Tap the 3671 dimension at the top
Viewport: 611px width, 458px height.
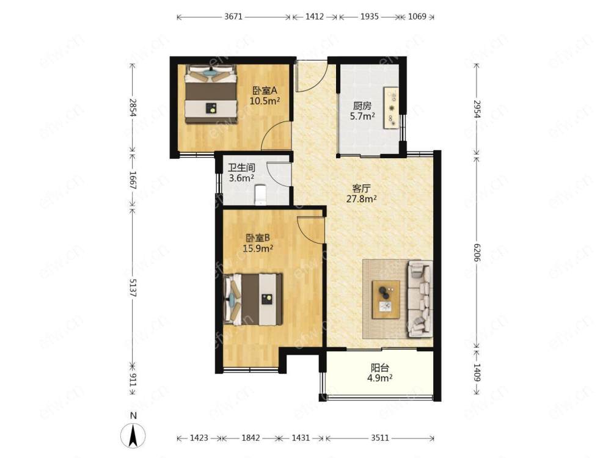pos(233,16)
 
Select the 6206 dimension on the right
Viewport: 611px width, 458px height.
pos(477,252)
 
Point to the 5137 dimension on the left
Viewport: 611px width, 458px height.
pos(133,288)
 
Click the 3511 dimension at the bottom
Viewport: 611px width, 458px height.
pos(379,438)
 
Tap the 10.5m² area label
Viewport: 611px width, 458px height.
pos(265,101)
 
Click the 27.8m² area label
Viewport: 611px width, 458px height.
pos(362,199)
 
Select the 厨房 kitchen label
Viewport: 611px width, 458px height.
pos(362,106)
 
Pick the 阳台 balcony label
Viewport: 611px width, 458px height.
pos(380,368)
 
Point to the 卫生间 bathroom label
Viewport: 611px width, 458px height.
pos(241,168)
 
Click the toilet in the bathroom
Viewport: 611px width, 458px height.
pos(260,195)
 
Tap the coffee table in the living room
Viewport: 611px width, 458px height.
pos(386,299)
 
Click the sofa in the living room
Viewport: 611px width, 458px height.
pos(420,299)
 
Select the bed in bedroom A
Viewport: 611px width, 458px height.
pos(211,94)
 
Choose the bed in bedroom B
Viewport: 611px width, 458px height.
pos(253,299)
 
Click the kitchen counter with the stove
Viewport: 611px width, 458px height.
pos(391,108)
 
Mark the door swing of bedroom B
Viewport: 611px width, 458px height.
pos(310,230)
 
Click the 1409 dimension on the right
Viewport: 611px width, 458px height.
pos(477,372)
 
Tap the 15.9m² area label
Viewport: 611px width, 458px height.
pos(258,248)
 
